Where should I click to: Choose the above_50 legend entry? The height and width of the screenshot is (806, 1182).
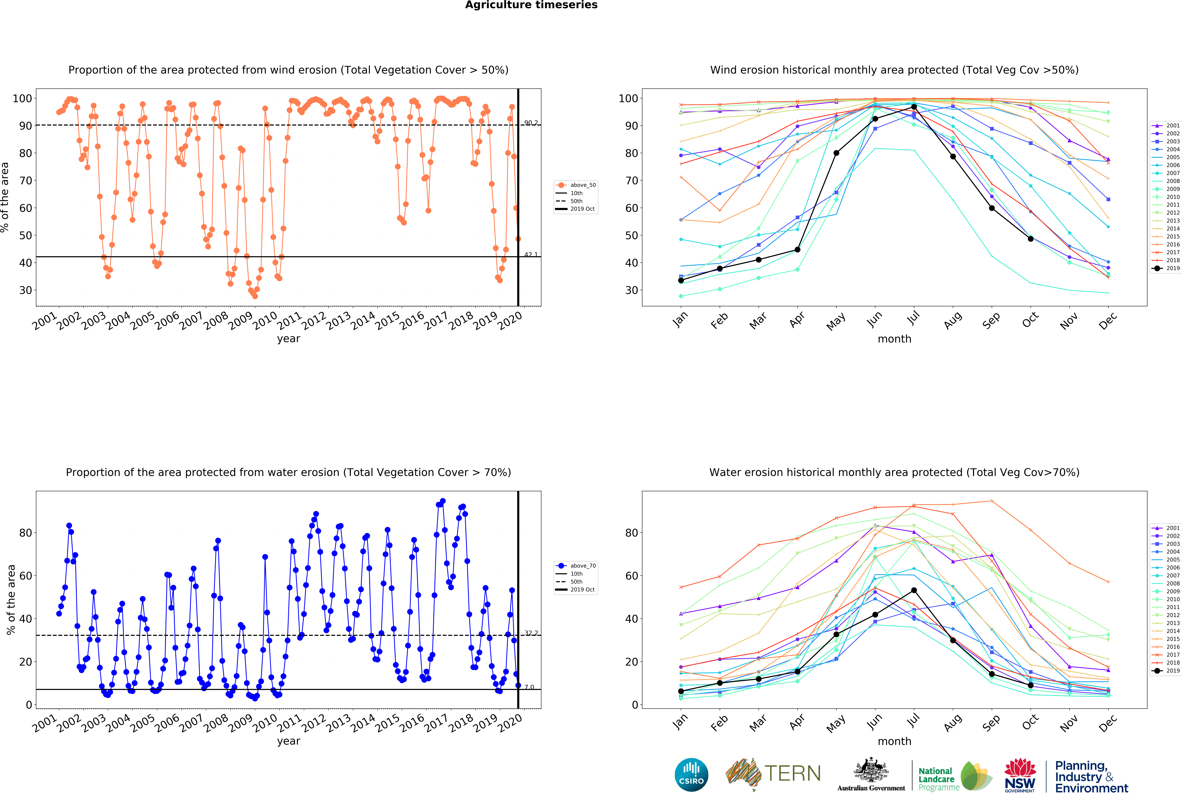576,185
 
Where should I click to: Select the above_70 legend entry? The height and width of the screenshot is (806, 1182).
576,566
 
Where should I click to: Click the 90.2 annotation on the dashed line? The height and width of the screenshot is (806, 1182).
531,123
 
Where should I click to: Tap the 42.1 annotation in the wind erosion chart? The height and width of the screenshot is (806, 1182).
531,254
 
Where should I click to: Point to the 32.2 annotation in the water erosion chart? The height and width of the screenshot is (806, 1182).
531,633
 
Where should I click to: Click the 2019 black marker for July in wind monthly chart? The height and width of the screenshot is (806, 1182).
914,107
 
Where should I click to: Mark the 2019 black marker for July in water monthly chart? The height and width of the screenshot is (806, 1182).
914,590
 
